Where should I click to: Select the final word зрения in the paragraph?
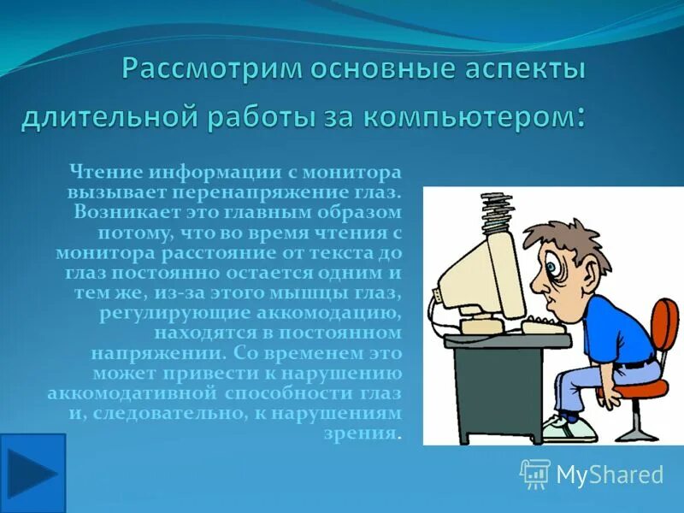coord(370,433)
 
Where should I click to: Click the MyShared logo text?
coord(610,475)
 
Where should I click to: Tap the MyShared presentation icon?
coord(535,474)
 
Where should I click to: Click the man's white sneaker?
coord(568,427)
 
